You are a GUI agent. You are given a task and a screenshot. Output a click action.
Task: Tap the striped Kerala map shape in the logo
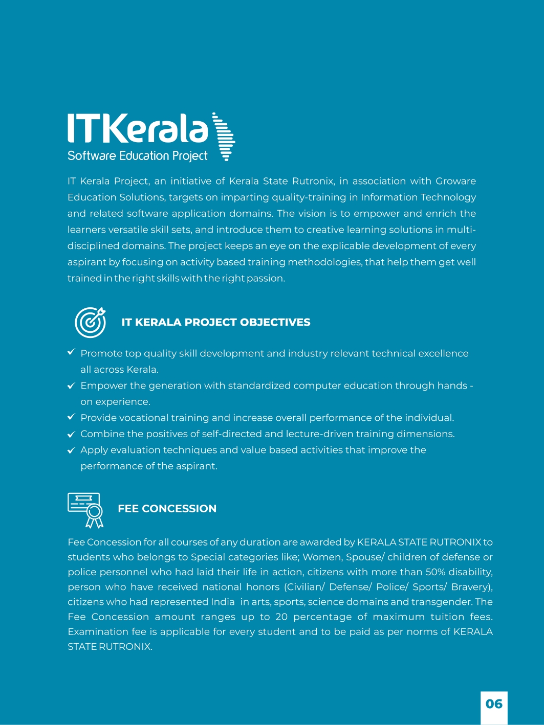(x=224, y=137)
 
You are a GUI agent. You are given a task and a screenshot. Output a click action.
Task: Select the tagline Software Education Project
(x=137, y=156)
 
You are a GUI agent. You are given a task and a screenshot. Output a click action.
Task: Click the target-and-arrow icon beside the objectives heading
(x=90, y=322)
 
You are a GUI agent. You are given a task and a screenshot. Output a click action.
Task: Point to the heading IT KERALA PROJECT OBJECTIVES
(x=215, y=322)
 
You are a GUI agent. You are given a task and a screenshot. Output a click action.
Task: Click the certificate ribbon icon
(x=86, y=509)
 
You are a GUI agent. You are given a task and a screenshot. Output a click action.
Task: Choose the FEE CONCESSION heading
(x=167, y=509)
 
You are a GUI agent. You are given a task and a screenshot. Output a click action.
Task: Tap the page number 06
(x=494, y=704)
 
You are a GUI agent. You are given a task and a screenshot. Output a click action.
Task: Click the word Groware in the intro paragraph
(x=455, y=181)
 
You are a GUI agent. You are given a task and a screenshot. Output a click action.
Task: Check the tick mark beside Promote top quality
(x=72, y=353)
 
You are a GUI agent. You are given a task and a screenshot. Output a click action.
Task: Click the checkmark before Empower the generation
(x=72, y=386)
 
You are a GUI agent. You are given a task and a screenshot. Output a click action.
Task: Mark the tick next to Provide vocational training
(x=72, y=417)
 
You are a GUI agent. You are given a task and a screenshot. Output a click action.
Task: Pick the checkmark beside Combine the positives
(x=72, y=435)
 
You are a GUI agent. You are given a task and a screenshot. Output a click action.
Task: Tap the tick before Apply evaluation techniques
(x=72, y=450)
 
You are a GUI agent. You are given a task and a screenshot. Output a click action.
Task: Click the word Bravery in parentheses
(x=470, y=587)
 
